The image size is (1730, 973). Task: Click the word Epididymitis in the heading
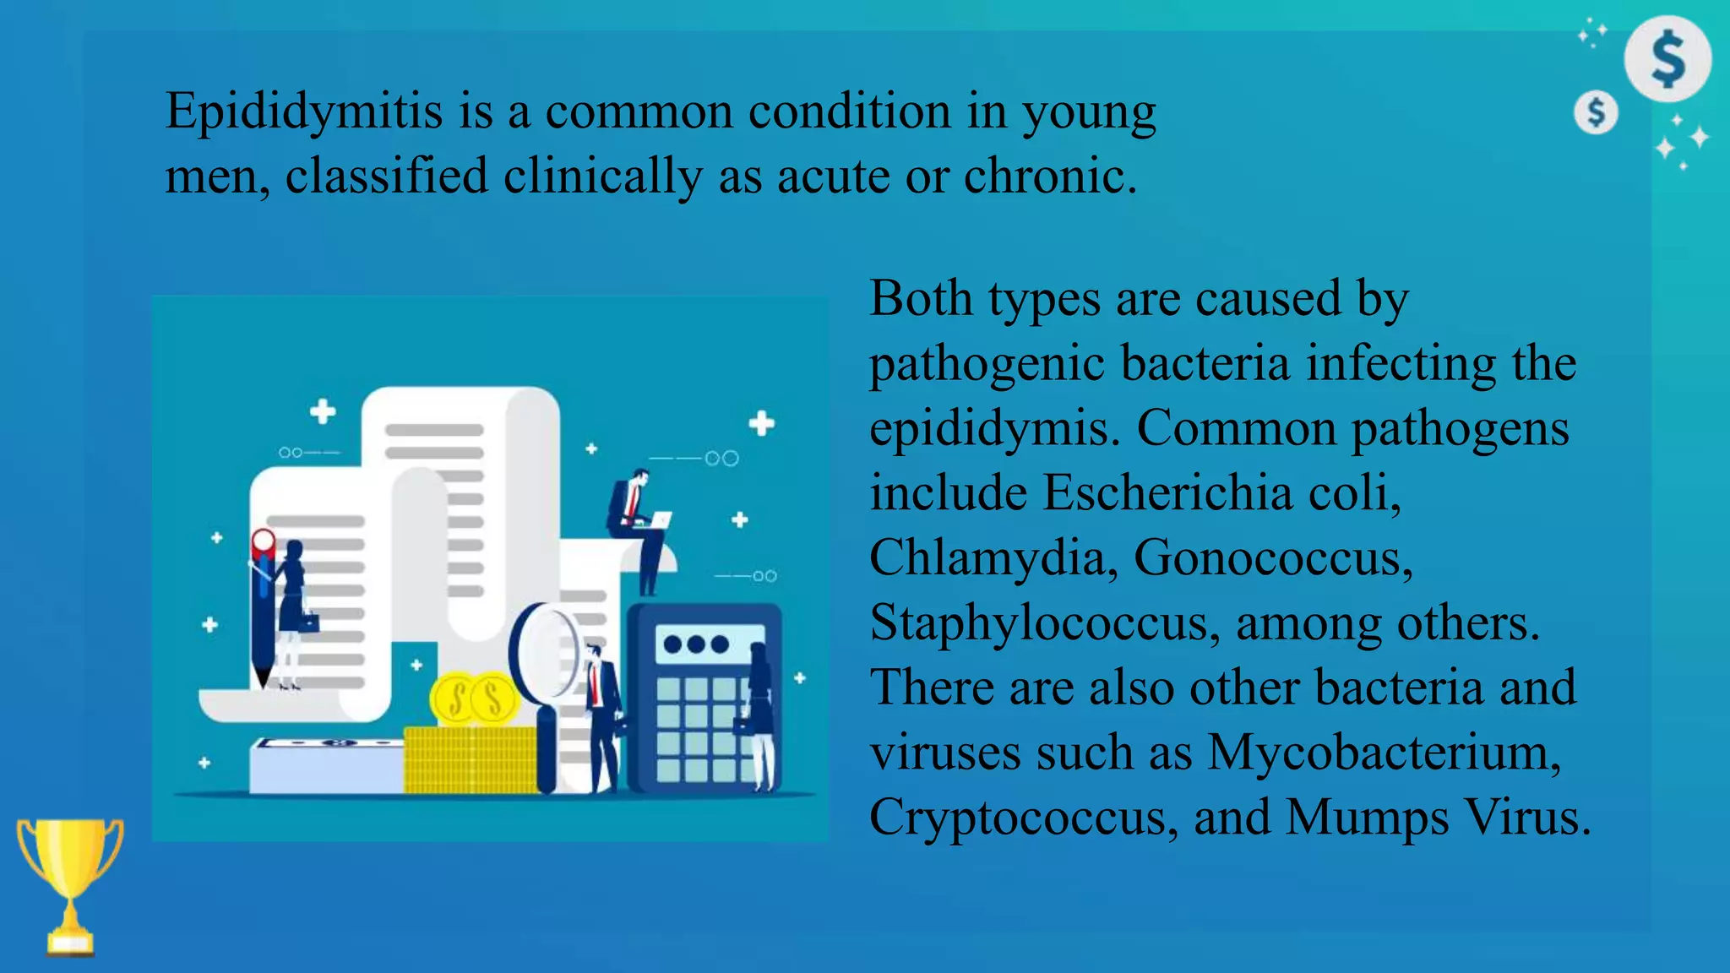point(303,111)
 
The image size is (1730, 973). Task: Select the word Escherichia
point(1167,492)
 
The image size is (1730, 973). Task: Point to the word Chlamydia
point(987,557)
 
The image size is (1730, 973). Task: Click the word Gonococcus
point(1271,557)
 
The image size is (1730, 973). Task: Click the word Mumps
point(1366,817)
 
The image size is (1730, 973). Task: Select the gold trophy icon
point(70,883)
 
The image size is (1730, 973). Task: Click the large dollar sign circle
point(1667,59)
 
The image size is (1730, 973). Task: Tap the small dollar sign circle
point(1596,112)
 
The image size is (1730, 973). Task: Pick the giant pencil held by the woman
point(263,608)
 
